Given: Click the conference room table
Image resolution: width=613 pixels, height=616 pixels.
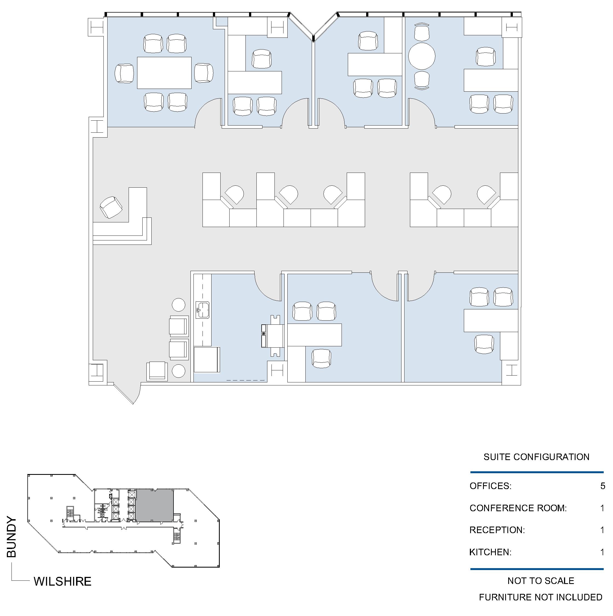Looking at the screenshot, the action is (164, 73).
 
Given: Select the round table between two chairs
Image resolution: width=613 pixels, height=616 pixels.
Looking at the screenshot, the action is (422, 56).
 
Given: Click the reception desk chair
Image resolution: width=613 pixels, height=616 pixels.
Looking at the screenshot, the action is (111, 207).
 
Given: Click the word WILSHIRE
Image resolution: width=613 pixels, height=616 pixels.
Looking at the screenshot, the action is (62, 582).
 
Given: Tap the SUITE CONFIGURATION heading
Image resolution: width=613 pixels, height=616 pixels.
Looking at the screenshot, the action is (536, 457).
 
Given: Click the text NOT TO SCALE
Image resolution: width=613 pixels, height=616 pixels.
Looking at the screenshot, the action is (540, 581).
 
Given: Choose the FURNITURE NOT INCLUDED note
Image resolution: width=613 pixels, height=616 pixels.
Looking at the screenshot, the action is (540, 597).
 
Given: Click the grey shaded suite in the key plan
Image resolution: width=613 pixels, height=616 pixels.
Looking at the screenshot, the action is (155, 506).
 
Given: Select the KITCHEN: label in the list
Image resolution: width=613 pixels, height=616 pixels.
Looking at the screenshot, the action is (490, 552).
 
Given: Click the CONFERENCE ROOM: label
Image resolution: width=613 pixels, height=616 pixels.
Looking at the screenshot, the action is (518, 508).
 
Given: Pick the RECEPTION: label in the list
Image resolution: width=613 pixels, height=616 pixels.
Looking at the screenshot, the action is (497, 530).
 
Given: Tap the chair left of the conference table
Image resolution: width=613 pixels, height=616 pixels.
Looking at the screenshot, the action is (124, 73).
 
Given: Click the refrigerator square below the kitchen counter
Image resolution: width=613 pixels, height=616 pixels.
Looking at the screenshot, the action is (207, 360).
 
